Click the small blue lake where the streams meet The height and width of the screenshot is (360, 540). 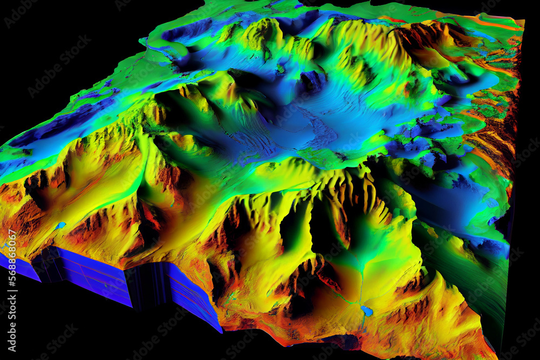367,311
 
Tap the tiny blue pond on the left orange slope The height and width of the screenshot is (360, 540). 60,225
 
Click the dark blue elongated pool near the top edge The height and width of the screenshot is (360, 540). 186,30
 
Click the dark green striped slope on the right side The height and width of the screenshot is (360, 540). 475,270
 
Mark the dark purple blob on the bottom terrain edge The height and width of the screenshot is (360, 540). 346,342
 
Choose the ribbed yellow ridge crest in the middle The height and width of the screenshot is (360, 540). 346,184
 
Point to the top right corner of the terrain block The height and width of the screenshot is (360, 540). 523,22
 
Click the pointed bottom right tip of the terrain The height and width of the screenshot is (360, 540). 494,356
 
